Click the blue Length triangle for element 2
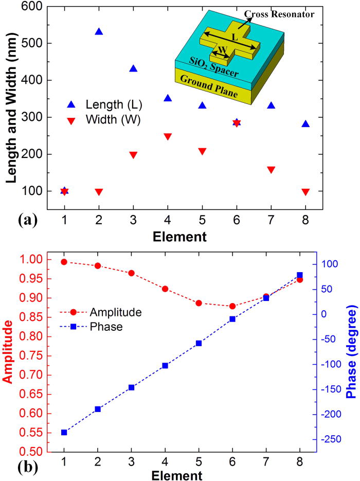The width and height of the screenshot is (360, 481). (x=99, y=31)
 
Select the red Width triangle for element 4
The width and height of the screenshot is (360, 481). (x=168, y=137)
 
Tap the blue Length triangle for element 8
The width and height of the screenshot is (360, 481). (x=305, y=124)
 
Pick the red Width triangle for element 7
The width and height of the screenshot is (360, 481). (x=271, y=170)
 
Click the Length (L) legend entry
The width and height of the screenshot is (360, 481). (x=105, y=105)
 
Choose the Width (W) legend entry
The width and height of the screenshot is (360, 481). (x=105, y=121)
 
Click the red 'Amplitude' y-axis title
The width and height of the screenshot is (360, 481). (x=8, y=351)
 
